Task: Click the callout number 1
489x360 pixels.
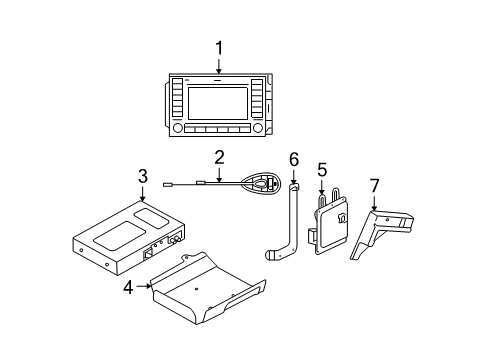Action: [x=218, y=46]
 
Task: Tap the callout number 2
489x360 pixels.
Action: [x=218, y=156]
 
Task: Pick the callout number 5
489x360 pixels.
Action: [x=321, y=170]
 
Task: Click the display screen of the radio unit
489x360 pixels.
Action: [x=218, y=102]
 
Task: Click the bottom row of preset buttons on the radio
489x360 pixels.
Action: [x=218, y=131]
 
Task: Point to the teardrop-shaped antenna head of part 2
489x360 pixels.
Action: [x=262, y=183]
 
